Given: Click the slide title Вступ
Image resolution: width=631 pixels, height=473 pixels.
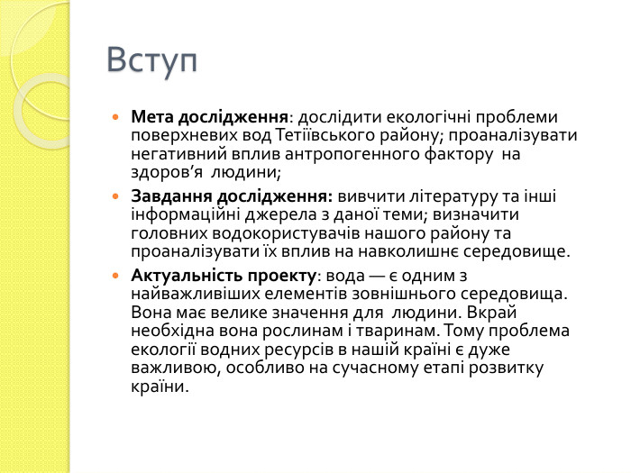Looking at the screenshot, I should pos(151,60).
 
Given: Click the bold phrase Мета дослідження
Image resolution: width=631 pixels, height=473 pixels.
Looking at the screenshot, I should pos(210,117).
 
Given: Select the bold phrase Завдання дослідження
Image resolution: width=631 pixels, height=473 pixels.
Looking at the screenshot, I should pos(232,196).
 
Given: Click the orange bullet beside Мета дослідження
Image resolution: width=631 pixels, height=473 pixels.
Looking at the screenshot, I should pos(114,118).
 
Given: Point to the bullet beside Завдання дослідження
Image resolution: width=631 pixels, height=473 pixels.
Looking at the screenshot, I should pos(114,196).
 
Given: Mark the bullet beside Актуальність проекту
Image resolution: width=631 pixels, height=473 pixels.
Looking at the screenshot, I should pos(114,275).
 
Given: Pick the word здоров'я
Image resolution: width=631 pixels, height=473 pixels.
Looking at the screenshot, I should pos(162,174).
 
